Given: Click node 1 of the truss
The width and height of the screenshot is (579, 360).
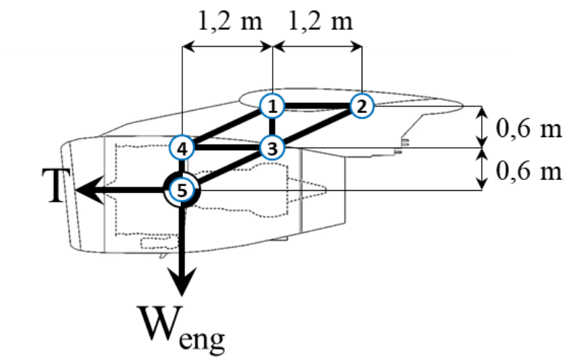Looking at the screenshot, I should click(271, 106).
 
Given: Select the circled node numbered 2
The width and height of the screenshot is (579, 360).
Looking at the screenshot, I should click(361, 106).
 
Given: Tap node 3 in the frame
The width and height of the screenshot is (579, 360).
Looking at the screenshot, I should click(271, 149).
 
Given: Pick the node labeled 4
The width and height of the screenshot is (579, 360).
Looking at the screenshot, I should click(182, 149).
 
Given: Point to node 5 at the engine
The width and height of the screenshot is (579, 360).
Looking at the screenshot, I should click(182, 191).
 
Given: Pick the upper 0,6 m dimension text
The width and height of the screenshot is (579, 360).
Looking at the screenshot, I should click(529, 129).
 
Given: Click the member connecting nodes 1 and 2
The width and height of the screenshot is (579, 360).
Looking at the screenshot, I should click(316, 106).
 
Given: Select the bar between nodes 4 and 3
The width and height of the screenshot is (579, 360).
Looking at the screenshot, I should click(226, 149).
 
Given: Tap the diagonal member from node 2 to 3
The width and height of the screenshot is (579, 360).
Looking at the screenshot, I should click(316, 128).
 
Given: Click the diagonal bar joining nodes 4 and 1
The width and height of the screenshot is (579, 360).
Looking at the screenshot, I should click(226, 128).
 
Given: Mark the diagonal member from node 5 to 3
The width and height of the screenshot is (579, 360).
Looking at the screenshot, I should click(226, 170).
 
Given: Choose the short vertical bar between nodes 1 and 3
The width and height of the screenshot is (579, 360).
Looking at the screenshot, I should click(271, 128).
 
